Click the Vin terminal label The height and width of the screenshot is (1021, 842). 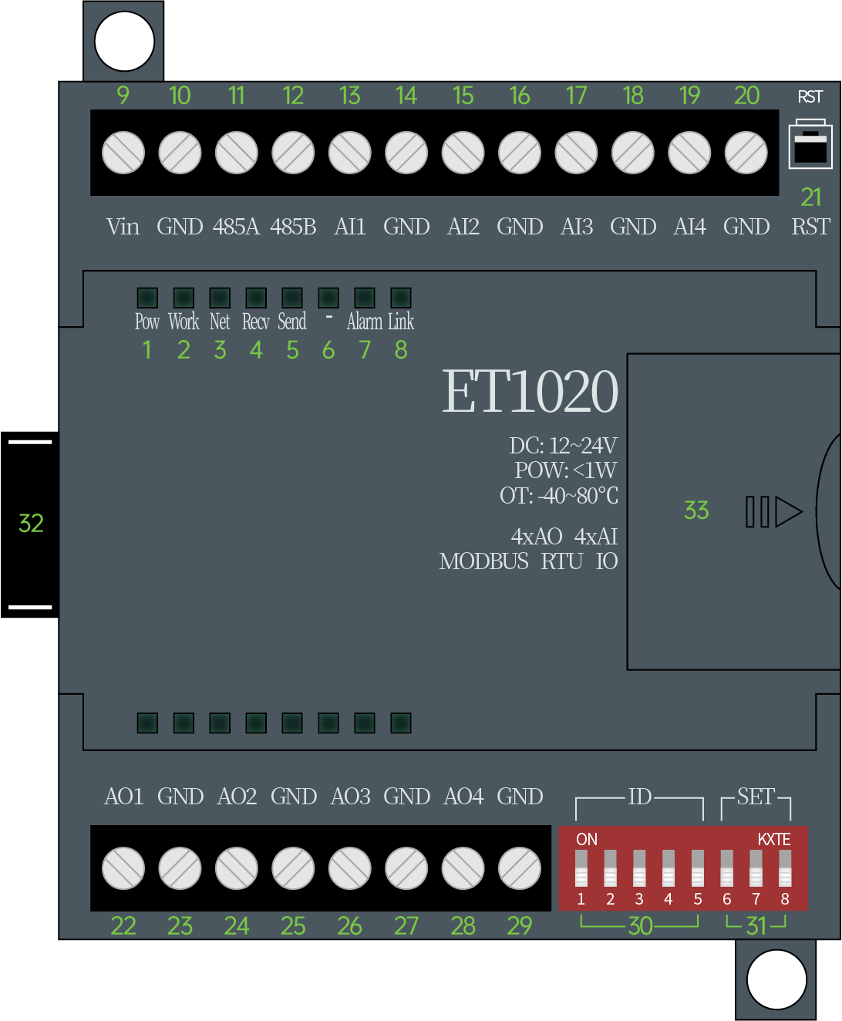click(123, 227)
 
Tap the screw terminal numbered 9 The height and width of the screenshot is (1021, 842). click(123, 153)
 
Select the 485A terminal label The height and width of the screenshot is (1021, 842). click(236, 227)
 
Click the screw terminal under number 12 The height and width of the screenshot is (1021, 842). click(293, 153)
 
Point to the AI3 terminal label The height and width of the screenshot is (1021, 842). click(577, 227)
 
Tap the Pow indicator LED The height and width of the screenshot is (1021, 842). click(147, 298)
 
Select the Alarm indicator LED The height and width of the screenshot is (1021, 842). click(365, 298)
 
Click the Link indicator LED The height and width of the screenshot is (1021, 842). click(401, 298)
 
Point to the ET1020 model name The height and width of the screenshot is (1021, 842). click(530, 392)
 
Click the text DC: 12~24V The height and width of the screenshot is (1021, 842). click(563, 446)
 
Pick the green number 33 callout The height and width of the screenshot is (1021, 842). click(696, 511)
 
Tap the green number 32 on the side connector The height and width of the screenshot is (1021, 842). click(31, 524)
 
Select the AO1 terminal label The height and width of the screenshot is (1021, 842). click(124, 797)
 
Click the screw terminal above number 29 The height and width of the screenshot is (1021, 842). click(520, 868)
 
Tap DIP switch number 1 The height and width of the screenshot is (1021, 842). click(581, 869)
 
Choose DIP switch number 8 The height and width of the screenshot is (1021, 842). click(785, 869)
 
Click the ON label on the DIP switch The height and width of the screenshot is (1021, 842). click(587, 839)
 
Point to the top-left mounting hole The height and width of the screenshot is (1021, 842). click(124, 42)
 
